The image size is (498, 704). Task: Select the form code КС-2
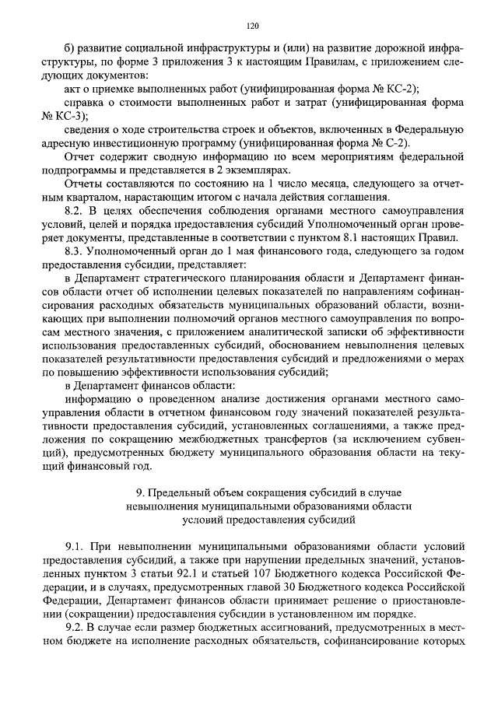pyautogui.click(x=423, y=89)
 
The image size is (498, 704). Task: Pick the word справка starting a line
pyautogui.click(x=82, y=103)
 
